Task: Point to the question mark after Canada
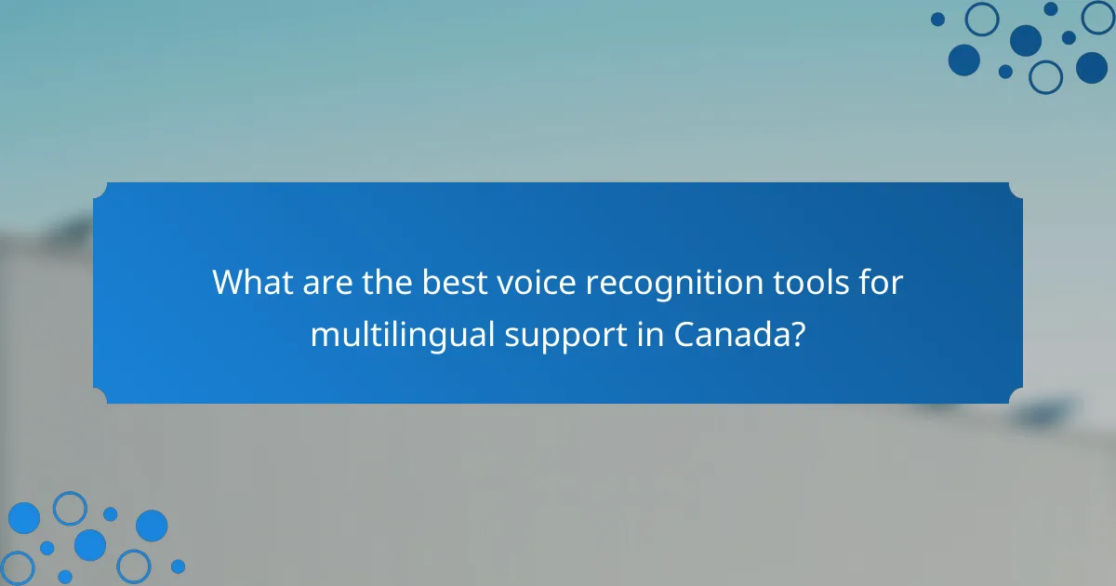point(797,334)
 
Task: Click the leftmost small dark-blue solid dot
point(937,19)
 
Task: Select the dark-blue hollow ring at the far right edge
point(1098,17)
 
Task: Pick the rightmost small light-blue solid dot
point(178,566)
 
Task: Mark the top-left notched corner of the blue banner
point(100,189)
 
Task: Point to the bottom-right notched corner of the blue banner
point(1016,397)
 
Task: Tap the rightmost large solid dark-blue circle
point(1092,67)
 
